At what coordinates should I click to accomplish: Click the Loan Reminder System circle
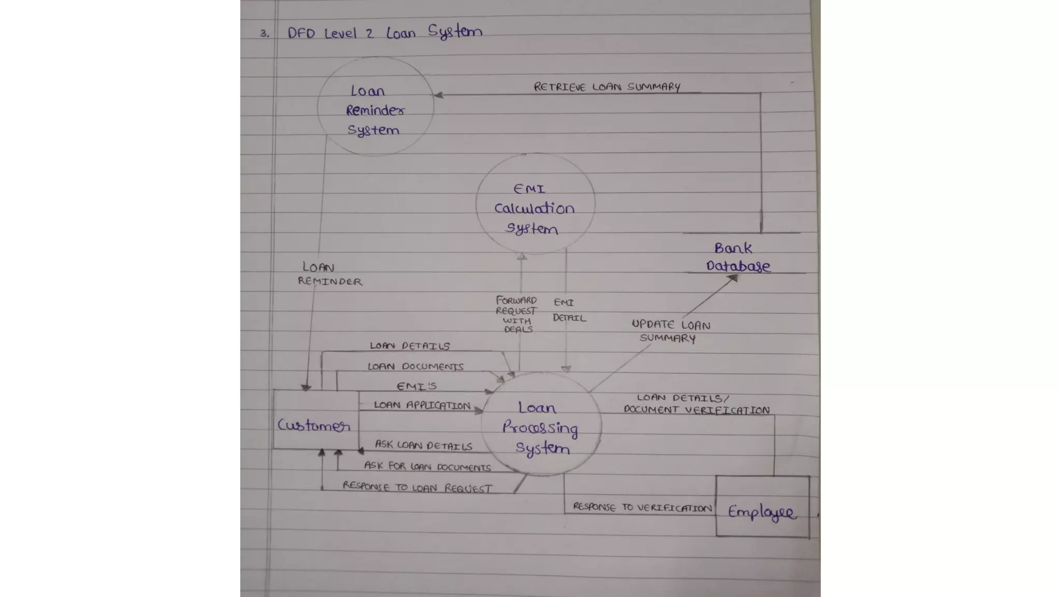pyautogui.click(x=375, y=107)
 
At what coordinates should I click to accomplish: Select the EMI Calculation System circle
pyautogui.click(x=535, y=203)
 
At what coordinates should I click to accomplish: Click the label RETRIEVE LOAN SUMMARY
pyautogui.click(x=607, y=87)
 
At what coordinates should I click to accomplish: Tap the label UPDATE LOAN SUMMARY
pyautogui.click(x=670, y=331)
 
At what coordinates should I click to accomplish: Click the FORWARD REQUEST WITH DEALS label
pyautogui.click(x=516, y=314)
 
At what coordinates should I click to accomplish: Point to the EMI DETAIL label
pyautogui.click(x=568, y=310)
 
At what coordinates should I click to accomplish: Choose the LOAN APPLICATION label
pyautogui.click(x=422, y=405)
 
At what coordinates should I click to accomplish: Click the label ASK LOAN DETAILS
pyautogui.click(x=423, y=445)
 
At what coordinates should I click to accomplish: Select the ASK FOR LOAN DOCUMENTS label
pyautogui.click(x=427, y=466)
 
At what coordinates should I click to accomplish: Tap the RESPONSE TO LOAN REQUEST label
pyautogui.click(x=417, y=487)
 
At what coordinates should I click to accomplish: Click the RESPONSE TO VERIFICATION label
pyautogui.click(x=642, y=507)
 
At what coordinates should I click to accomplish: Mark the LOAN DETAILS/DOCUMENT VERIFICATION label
pyautogui.click(x=696, y=404)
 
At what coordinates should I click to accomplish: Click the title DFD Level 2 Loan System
pyautogui.click(x=384, y=32)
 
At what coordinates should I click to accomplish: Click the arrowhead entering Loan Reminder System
pyautogui.click(x=438, y=95)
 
